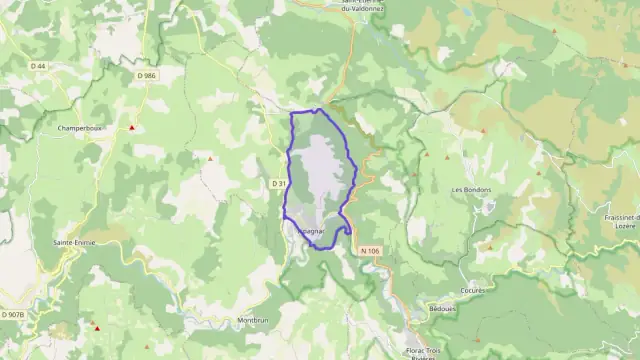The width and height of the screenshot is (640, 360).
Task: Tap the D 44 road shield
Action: [38, 66]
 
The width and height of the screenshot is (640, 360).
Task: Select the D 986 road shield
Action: [148, 75]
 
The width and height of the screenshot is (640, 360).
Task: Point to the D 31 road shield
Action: [279, 183]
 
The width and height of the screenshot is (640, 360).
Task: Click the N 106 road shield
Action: [369, 250]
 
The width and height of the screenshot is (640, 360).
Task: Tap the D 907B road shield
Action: [12, 315]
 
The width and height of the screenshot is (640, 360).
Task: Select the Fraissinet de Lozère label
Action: [622, 222]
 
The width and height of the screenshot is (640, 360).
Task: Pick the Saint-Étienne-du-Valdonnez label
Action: [370, 5]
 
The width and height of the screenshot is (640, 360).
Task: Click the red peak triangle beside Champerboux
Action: [132, 127]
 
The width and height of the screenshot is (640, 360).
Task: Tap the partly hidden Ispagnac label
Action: [312, 231]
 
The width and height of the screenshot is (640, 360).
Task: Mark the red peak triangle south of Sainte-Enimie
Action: [96, 326]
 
